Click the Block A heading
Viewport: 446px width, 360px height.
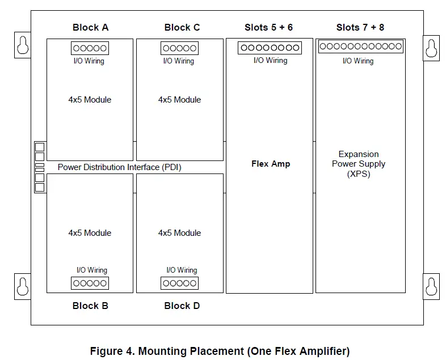click(90, 27)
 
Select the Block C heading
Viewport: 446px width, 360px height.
click(182, 27)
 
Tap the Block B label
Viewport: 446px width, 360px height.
click(90, 306)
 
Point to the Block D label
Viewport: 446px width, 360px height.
click(182, 306)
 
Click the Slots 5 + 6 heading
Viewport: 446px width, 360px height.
click(269, 27)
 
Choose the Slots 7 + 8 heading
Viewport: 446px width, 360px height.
click(360, 27)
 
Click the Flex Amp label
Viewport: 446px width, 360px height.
click(271, 164)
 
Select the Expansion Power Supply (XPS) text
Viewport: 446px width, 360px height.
click(359, 164)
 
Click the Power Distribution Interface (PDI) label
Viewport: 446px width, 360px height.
click(119, 167)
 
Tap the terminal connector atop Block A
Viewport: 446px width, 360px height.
click(90, 48)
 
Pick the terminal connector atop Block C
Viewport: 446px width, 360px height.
click(179, 48)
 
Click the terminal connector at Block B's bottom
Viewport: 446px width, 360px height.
click(90, 283)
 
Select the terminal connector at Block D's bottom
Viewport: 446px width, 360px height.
click(179, 283)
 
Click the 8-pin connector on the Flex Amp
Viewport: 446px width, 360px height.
click(270, 48)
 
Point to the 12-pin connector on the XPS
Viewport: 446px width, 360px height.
click(360, 46)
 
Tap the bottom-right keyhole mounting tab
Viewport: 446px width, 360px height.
click(431, 285)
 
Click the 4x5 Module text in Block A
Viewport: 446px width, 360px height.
click(90, 100)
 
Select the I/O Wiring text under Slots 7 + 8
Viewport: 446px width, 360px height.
click(358, 61)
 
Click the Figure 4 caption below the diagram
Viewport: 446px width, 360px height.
click(220, 351)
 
